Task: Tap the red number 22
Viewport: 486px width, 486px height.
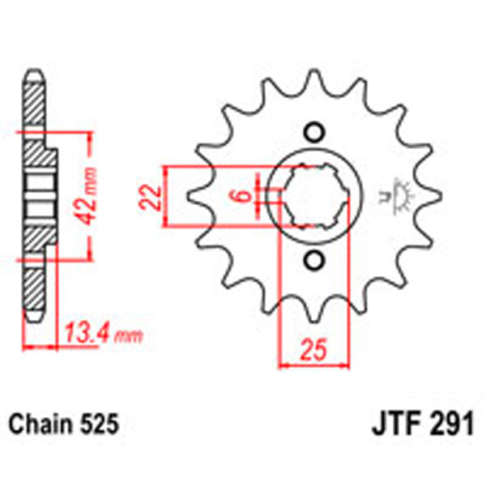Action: point(148,198)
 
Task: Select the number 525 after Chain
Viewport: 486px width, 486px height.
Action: point(100,424)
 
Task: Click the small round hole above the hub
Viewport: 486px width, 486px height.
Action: point(314,133)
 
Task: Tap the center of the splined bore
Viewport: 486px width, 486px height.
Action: point(314,197)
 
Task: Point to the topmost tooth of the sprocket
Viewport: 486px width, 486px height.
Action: point(314,79)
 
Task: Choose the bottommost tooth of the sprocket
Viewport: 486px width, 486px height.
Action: point(314,316)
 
